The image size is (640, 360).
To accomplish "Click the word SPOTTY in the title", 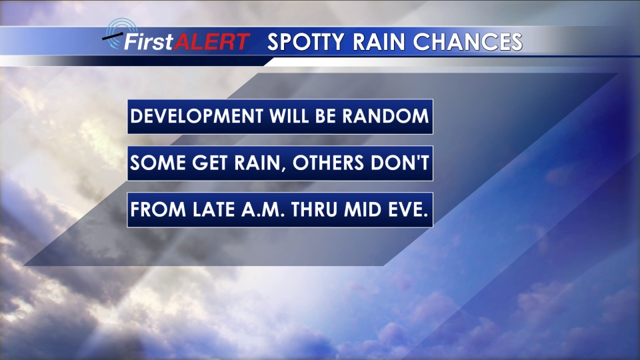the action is click(306, 42).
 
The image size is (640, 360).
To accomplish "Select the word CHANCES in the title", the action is click(468, 41).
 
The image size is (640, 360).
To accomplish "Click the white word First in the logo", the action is click(149, 41).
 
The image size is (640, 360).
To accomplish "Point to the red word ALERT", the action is click(212, 41).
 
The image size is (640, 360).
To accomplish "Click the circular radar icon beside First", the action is click(120, 33).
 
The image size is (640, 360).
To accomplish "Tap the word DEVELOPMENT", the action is click(197, 116).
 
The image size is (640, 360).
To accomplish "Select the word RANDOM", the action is click(386, 116).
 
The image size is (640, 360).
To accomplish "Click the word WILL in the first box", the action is click(289, 116).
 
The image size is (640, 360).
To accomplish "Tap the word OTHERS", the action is click(328, 163).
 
